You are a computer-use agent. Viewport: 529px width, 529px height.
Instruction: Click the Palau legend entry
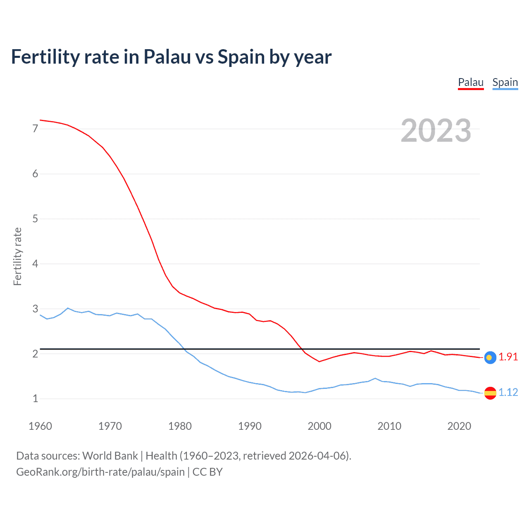click(471, 82)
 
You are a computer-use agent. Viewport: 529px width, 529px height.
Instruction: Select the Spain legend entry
click(505, 82)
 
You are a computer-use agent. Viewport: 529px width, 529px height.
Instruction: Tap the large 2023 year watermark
click(436, 131)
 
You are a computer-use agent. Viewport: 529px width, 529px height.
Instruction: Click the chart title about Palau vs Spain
click(171, 57)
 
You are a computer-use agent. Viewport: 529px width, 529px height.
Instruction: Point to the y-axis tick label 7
click(35, 129)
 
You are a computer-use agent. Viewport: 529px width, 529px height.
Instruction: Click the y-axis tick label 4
click(35, 264)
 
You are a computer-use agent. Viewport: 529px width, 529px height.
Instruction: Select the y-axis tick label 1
click(35, 399)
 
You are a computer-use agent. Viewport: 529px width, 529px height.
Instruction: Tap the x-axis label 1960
click(40, 426)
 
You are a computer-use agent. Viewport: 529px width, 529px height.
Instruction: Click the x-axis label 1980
click(180, 426)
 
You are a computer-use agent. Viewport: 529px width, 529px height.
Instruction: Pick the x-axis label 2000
click(319, 426)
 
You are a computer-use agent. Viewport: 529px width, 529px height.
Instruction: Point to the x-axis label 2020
click(459, 426)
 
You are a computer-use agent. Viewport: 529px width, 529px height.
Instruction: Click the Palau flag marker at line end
click(490, 357)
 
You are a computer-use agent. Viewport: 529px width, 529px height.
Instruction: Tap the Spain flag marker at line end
click(490, 393)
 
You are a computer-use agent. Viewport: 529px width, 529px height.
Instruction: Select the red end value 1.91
click(508, 357)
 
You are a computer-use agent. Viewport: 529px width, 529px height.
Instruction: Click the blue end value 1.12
click(508, 393)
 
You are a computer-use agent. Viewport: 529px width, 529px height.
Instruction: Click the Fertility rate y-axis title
click(17, 256)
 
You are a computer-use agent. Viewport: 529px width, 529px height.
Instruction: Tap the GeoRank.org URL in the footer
click(100, 472)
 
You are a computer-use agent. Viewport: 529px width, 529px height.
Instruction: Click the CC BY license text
click(207, 472)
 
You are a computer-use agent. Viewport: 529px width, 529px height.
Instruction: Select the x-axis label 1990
click(250, 426)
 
